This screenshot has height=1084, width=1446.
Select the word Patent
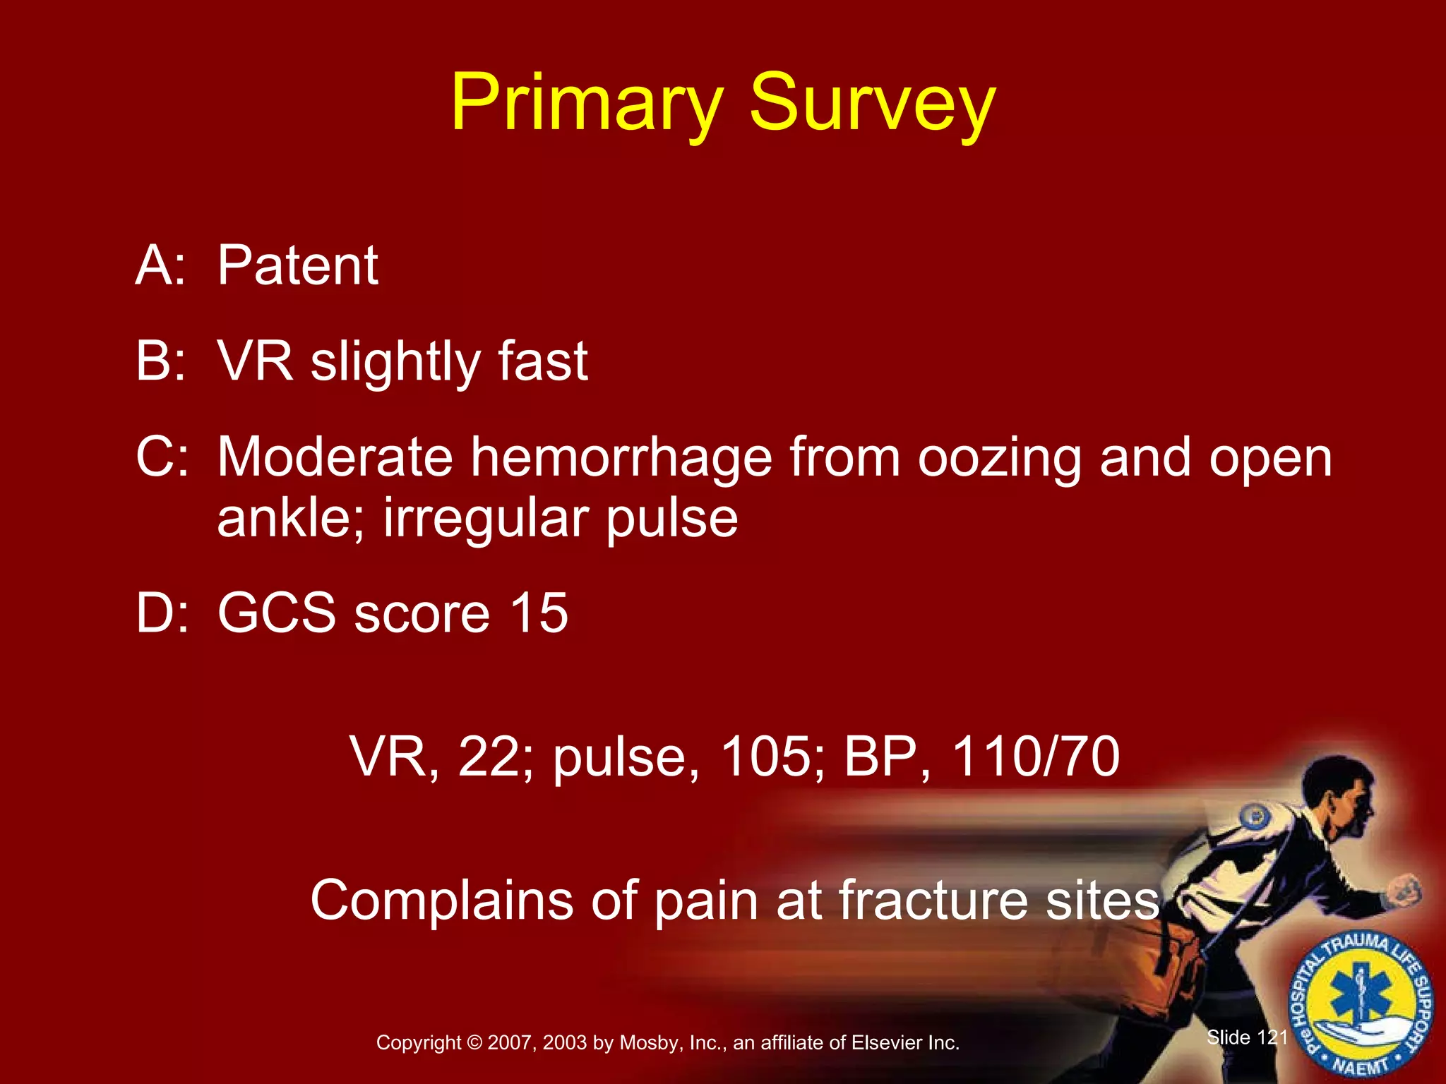click(297, 266)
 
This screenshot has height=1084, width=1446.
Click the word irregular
click(486, 519)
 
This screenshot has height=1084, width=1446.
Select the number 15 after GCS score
click(539, 613)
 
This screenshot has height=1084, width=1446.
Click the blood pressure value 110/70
click(1035, 757)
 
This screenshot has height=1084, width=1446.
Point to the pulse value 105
click(765, 757)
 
